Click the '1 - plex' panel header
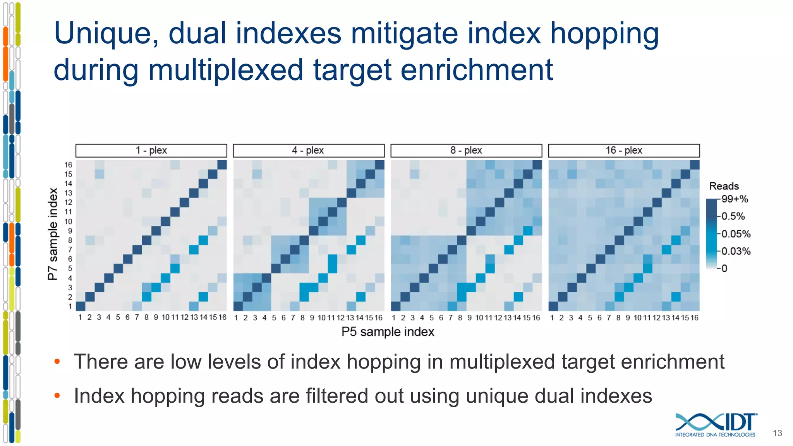[x=151, y=151]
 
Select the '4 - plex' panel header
[x=308, y=151]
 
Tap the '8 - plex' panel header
[x=466, y=151]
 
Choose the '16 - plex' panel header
[x=624, y=151]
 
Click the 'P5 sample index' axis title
[x=388, y=332]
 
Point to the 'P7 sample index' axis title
[x=53, y=234]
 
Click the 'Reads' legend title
[x=724, y=186]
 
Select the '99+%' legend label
[x=735, y=199]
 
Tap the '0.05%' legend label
[x=736, y=234]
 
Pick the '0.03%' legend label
[x=736, y=251]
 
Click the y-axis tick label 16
[x=68, y=165]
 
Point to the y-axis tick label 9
[x=70, y=231]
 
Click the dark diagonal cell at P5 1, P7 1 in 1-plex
[x=81, y=306]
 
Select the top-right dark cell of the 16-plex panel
[x=695, y=165]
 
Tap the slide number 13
[x=777, y=433]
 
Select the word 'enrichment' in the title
[x=476, y=70]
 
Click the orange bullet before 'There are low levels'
[x=57, y=362]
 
